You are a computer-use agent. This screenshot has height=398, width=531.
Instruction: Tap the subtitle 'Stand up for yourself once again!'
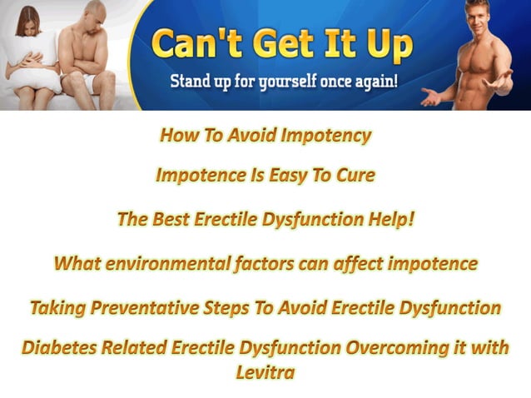pos(282,83)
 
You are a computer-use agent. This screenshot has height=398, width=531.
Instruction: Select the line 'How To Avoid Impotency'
pos(265,135)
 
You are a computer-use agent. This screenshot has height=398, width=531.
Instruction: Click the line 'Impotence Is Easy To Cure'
pos(265,176)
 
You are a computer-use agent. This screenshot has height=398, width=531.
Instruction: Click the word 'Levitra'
pos(265,372)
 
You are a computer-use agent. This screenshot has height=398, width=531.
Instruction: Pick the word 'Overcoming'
pos(390,349)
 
